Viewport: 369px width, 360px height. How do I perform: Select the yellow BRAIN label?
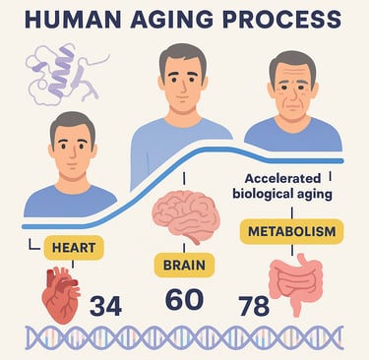coord(184,265)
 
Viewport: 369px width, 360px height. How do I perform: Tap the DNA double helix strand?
coord(184,340)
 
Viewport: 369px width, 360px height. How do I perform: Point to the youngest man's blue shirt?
coord(68,201)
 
